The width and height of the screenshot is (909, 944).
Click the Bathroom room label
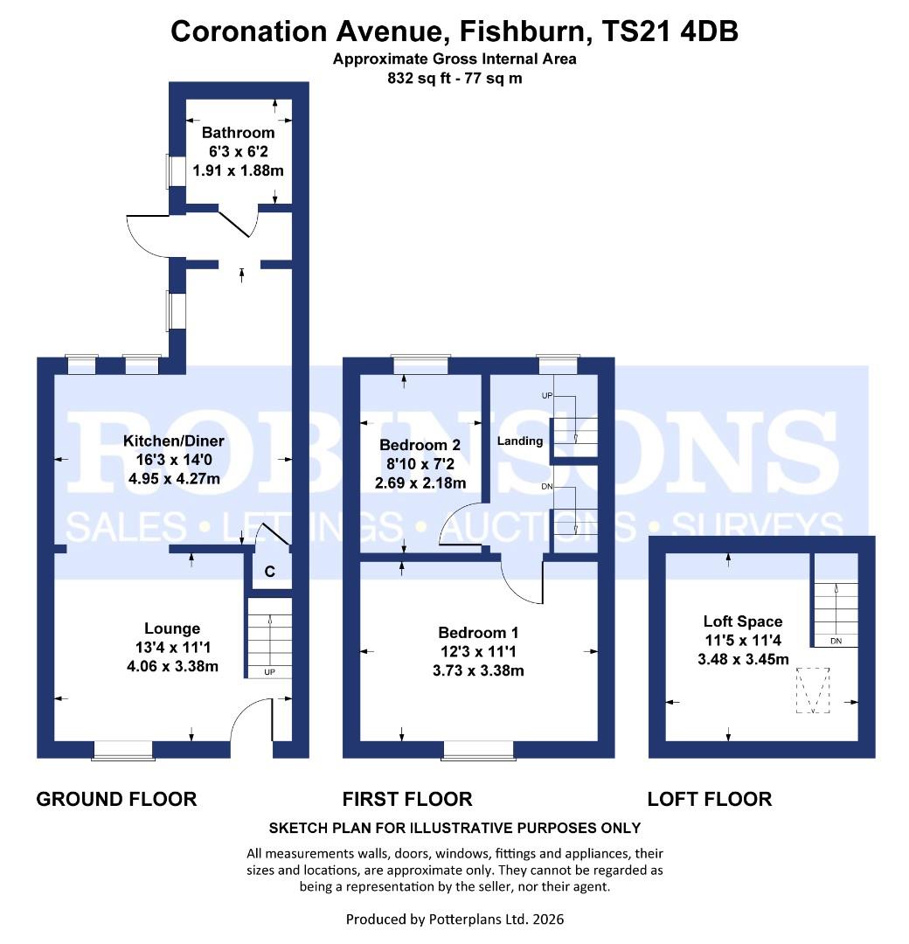pos(238,133)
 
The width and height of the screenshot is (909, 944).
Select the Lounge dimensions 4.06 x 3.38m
pos(172,667)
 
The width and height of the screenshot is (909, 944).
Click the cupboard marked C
pos(270,572)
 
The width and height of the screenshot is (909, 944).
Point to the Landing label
pos(520,441)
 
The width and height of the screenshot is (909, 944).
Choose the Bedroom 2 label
pos(420,444)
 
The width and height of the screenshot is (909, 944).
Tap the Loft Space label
pos(742,621)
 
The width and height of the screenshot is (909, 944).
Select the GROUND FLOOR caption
pos(116,799)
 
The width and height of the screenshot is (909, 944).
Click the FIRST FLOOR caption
pos(407,799)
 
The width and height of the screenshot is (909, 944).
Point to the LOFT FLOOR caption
pos(709,799)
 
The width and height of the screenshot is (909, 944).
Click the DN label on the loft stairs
pos(836,641)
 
